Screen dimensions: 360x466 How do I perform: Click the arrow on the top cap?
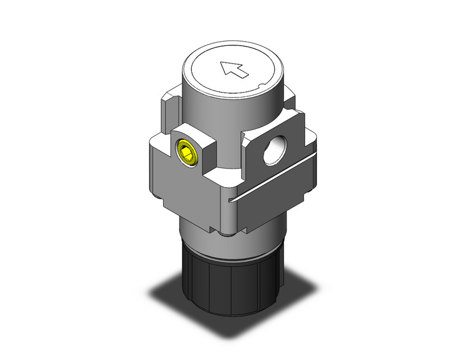(x=234, y=69)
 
